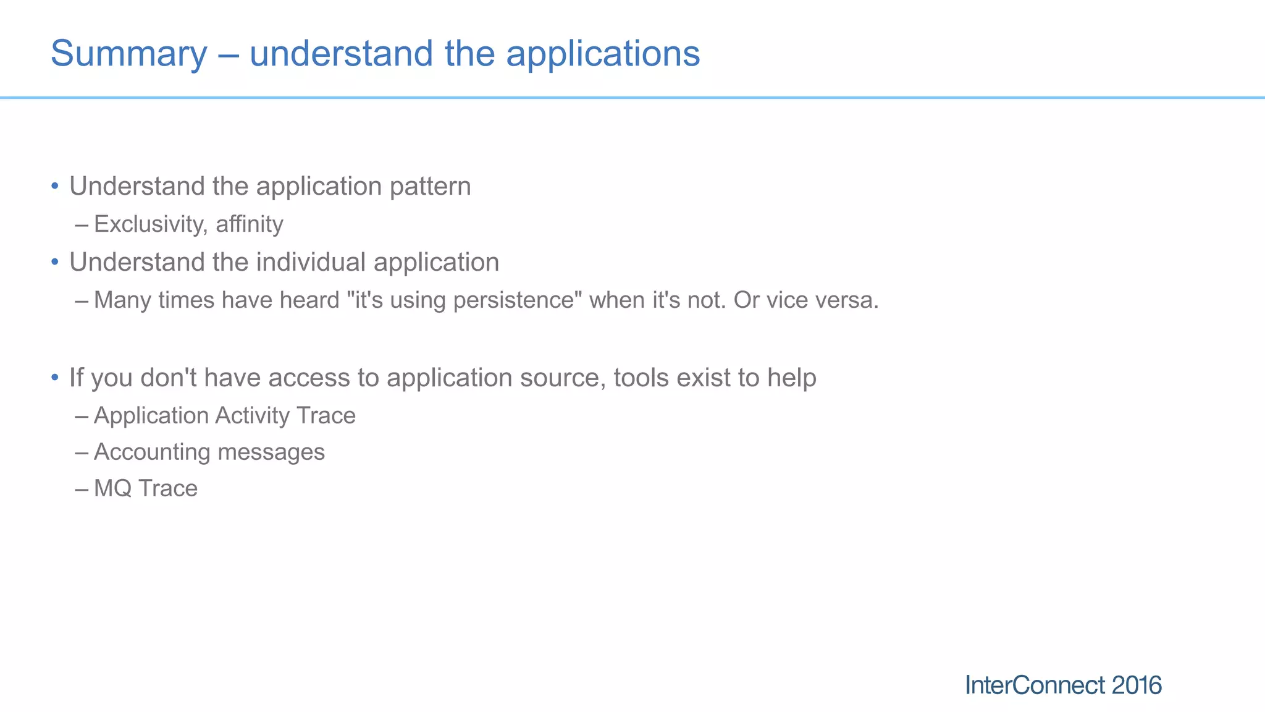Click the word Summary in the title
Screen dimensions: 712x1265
pos(128,54)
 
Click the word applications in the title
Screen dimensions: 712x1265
pos(603,54)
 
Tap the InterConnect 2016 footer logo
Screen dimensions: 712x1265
pos(1063,685)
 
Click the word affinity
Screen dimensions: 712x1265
pos(250,224)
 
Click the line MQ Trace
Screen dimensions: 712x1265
pos(145,488)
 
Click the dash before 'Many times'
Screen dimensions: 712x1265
pos(82,301)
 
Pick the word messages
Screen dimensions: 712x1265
pos(271,452)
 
